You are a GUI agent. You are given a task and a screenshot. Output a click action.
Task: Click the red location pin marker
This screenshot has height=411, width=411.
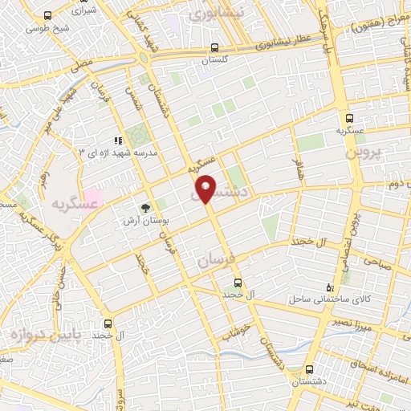pos(205,189)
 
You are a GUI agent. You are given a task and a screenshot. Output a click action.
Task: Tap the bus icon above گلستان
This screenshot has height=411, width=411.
pos(214,47)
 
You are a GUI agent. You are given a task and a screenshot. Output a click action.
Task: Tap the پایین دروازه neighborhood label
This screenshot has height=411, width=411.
pos(35,332)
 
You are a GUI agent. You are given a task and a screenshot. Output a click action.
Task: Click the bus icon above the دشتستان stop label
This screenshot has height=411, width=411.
pos(310,369)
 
